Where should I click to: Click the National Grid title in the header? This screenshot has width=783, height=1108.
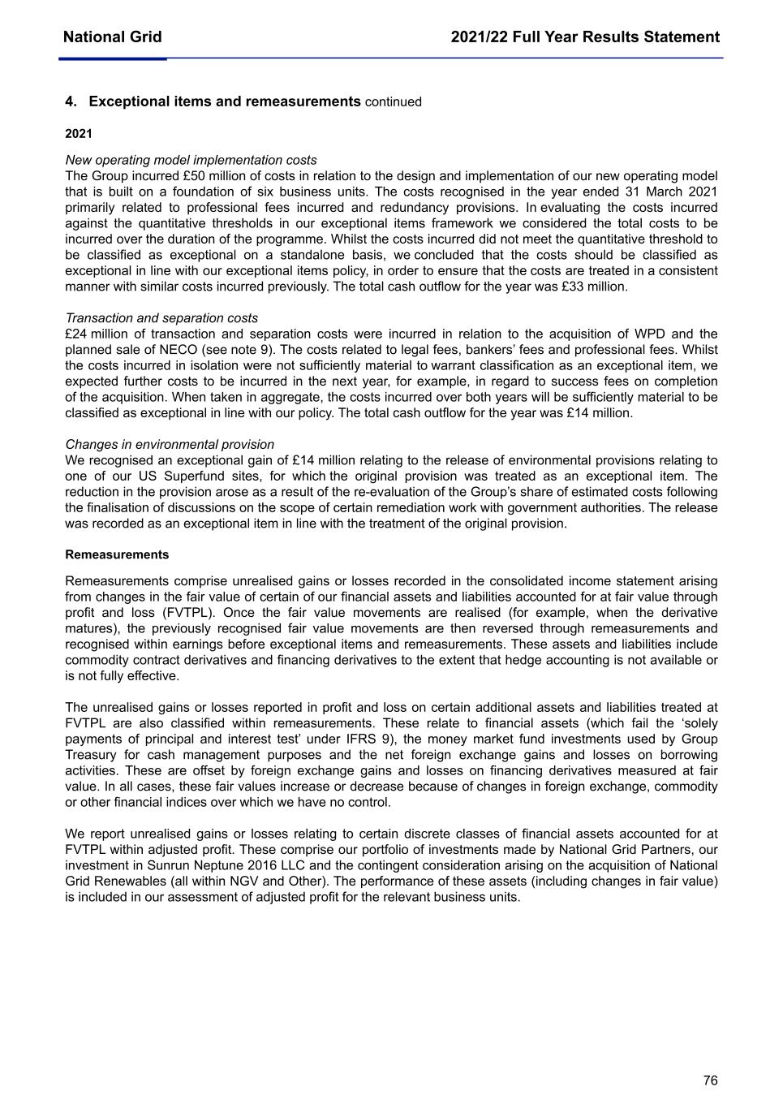click(x=112, y=37)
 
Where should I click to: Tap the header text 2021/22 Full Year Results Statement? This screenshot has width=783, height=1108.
click(x=585, y=37)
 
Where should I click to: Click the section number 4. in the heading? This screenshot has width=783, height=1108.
click(x=71, y=101)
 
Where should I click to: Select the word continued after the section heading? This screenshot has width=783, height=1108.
click(x=394, y=102)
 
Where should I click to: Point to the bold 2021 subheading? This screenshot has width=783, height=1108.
click(x=79, y=134)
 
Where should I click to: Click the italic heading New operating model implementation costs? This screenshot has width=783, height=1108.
click(x=191, y=161)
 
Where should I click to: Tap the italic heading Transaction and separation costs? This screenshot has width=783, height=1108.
click(x=161, y=318)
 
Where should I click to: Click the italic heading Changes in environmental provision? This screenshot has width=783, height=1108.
click(x=170, y=445)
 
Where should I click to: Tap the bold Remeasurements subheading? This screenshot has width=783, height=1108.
click(x=117, y=555)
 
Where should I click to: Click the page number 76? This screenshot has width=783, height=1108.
click(x=710, y=1080)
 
